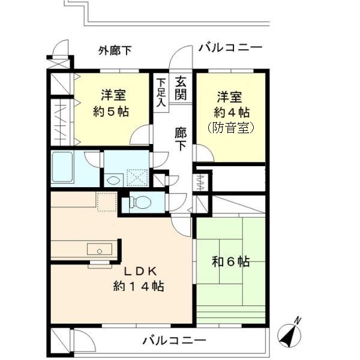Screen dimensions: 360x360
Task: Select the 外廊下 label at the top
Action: (115, 50)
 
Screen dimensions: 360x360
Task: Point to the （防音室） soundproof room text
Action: (231, 128)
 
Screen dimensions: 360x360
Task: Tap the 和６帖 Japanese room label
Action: (231, 262)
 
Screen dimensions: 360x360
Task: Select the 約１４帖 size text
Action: (139, 286)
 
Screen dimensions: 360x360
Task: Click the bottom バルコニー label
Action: (174, 341)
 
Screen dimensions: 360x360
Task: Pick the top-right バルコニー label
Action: (230, 47)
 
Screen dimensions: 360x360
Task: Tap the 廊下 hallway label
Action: (181, 139)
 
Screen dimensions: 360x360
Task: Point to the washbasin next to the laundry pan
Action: (113, 178)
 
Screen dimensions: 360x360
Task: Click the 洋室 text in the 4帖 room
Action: (231, 96)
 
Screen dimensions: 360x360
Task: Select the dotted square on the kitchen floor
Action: (106, 203)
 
